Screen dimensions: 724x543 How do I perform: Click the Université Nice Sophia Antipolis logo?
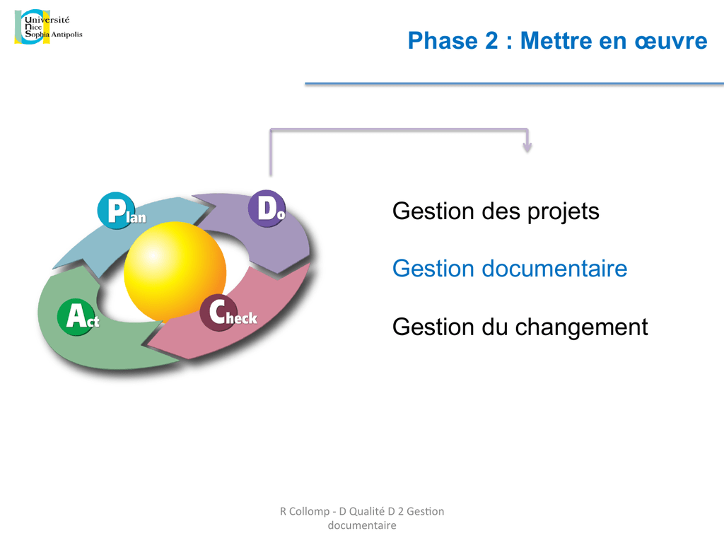point(49,27)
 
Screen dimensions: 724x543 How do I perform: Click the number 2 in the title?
point(491,40)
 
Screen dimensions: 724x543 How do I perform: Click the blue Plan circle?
point(117,211)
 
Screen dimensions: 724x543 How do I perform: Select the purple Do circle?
point(267,209)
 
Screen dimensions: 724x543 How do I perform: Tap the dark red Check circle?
point(218,313)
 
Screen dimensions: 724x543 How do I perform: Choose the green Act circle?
point(76,317)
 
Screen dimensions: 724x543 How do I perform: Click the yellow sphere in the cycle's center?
point(175,271)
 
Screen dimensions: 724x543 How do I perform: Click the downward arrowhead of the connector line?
point(527,147)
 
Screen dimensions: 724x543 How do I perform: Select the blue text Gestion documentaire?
point(510,268)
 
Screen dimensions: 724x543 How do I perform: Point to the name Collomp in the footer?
point(310,512)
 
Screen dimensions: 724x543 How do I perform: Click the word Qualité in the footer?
point(367,511)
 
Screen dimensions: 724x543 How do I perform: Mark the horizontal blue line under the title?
point(515,83)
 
